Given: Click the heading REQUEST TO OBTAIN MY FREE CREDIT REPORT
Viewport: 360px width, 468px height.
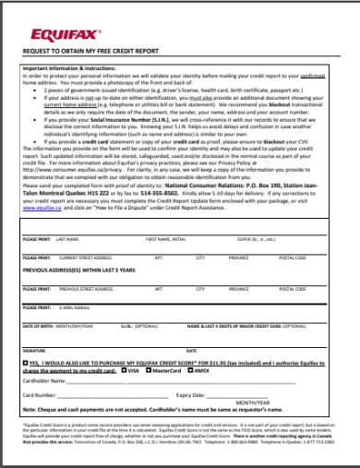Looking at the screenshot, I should coord(95,52).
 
